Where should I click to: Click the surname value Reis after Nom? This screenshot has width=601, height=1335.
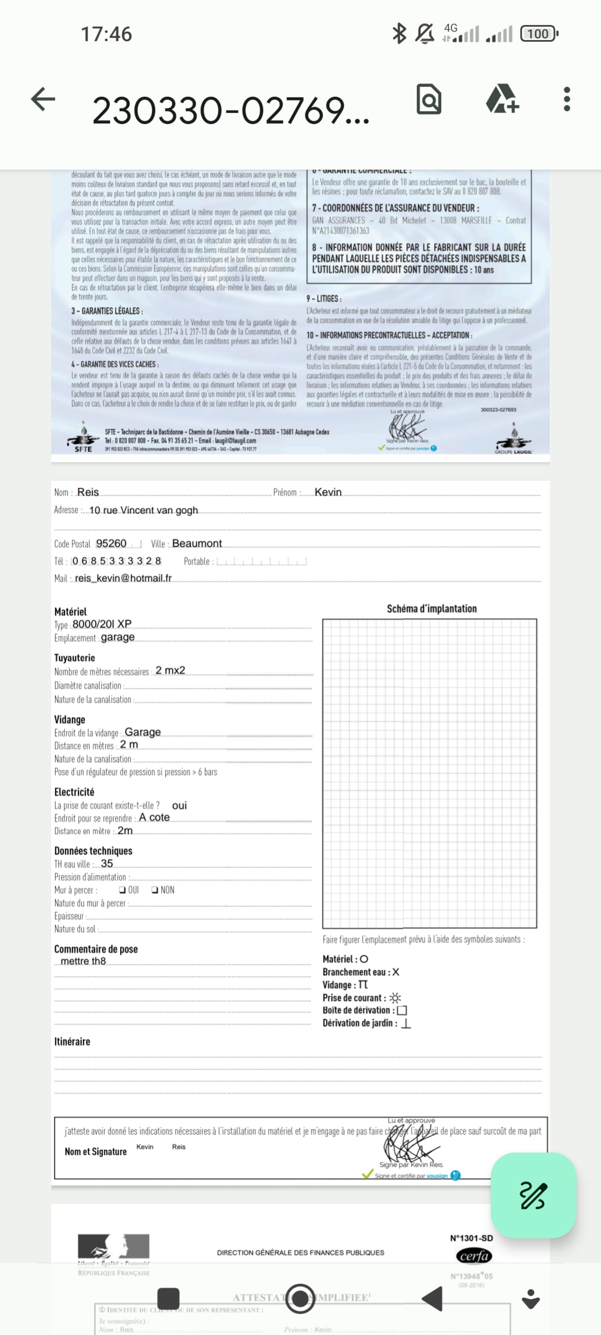click(x=88, y=492)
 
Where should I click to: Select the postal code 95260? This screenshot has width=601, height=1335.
click(x=111, y=543)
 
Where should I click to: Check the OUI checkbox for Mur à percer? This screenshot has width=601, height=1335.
click(x=122, y=890)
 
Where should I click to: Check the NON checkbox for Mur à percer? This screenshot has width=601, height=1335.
click(x=154, y=890)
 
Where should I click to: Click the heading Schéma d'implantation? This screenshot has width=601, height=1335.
click(x=432, y=608)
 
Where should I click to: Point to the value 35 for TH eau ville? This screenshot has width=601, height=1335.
click(x=107, y=863)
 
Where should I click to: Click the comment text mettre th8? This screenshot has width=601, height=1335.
click(x=83, y=961)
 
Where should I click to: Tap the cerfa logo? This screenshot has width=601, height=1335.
click(x=473, y=1256)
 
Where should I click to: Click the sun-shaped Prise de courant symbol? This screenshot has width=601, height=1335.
click(x=395, y=998)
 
